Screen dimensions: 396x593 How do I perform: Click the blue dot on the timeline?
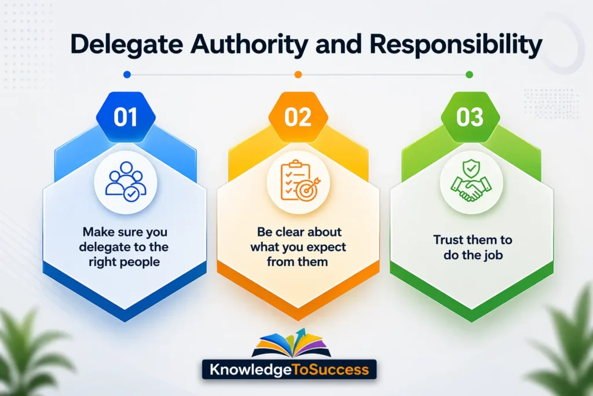[127, 74]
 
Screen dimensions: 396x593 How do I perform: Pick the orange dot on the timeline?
[298, 74]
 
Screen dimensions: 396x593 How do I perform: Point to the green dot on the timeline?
[469, 74]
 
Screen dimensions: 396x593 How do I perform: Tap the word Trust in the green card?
[446, 239]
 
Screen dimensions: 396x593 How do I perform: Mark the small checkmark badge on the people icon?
[132, 194]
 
